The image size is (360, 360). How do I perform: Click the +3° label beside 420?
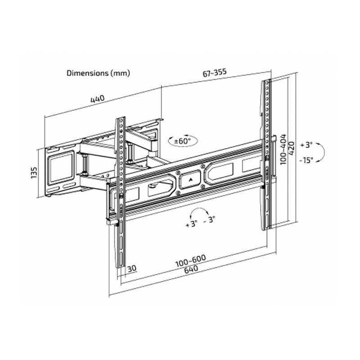308,145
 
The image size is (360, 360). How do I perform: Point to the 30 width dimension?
132,269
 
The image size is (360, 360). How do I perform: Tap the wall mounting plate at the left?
60,171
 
